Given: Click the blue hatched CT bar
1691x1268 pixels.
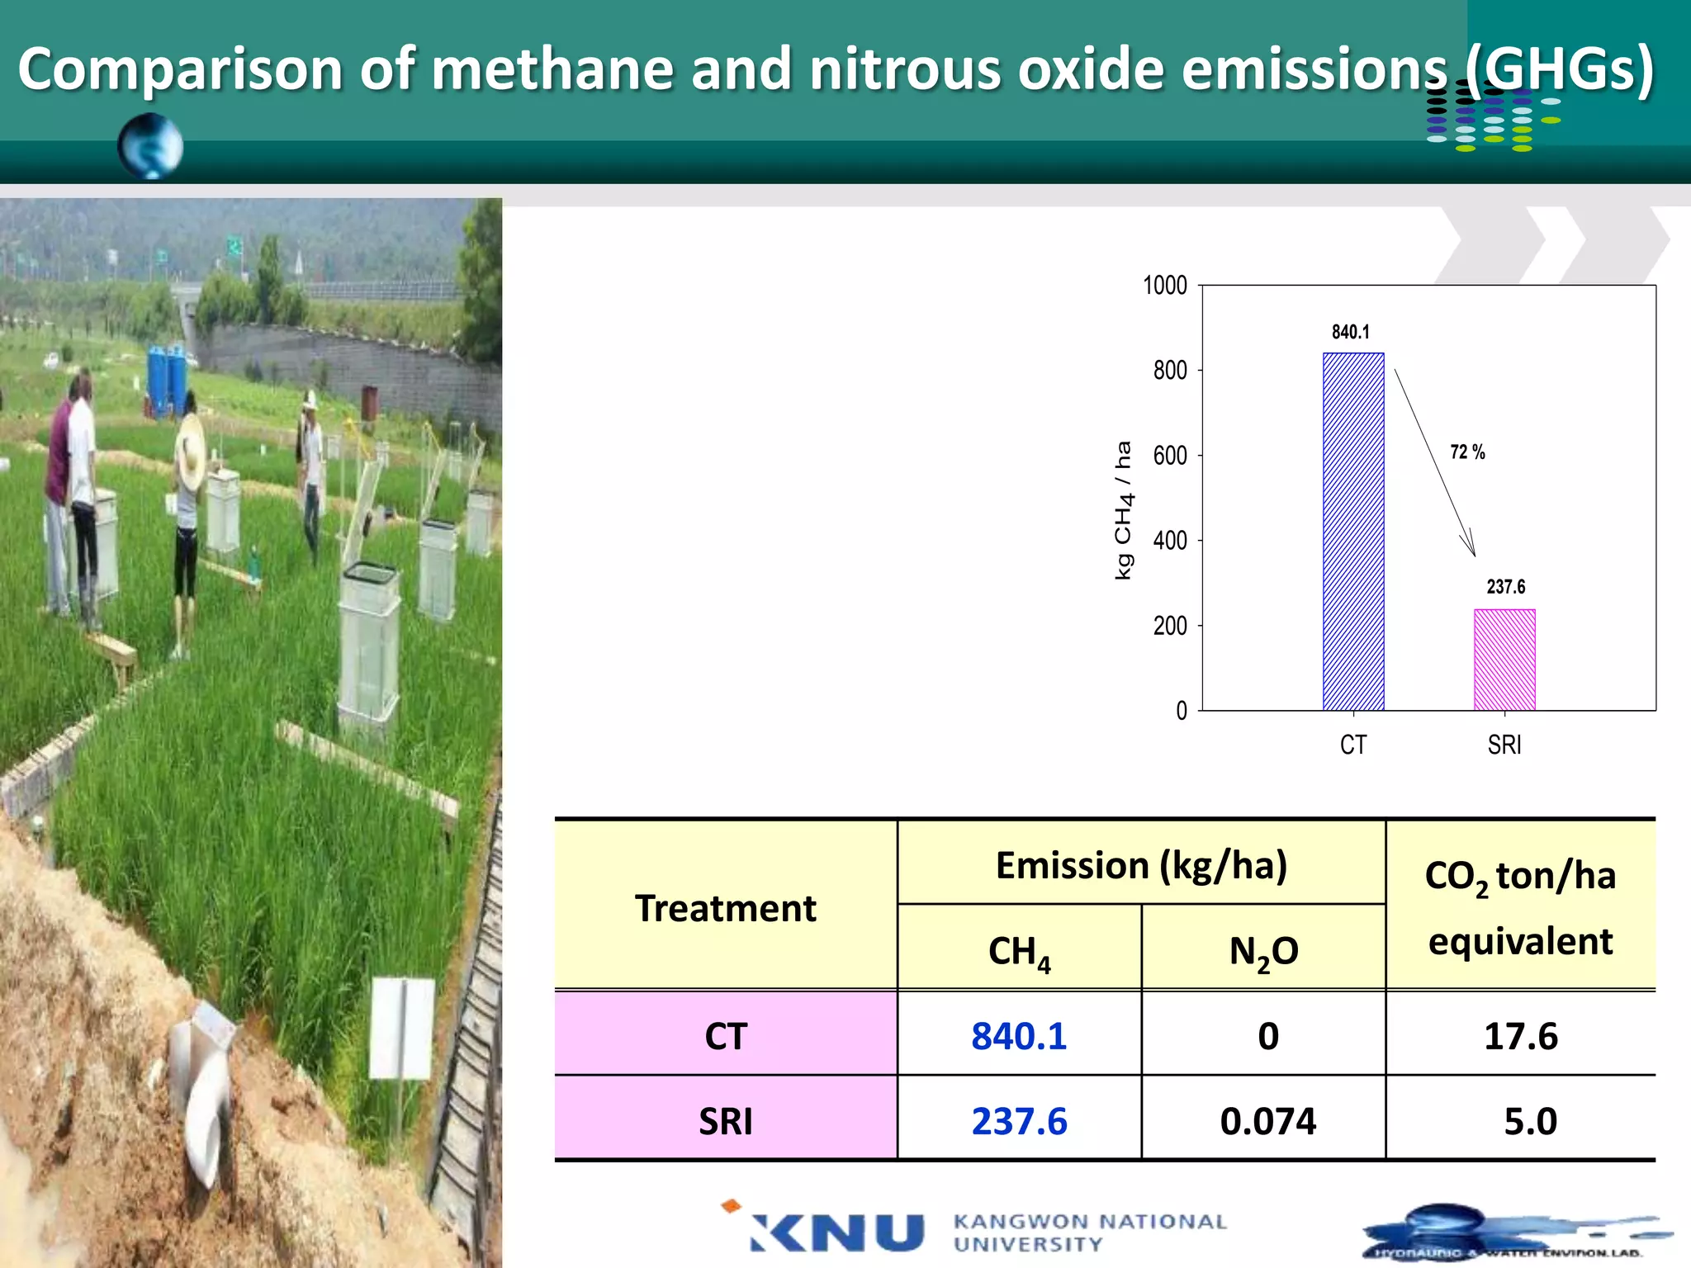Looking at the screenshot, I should tap(1353, 532).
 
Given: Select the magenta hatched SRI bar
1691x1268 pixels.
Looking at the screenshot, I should tap(1504, 660).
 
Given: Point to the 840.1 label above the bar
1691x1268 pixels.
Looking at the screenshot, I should tap(1351, 332).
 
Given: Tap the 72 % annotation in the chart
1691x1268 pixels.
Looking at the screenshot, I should tap(1467, 452).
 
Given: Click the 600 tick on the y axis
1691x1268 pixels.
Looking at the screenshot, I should tap(1170, 456).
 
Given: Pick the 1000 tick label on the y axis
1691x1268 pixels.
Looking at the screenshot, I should tap(1164, 286).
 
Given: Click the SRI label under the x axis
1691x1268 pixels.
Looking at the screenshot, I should tap(1504, 745).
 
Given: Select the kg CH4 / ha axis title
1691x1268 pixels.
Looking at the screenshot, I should tap(1124, 510).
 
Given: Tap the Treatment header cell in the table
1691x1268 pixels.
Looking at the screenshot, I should tap(725, 908).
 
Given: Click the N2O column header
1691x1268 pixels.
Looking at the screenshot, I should tap(1263, 951).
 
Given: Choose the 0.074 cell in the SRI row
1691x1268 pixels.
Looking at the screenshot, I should tap(1267, 1121).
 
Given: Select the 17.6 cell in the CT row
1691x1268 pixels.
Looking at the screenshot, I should tap(1520, 1036).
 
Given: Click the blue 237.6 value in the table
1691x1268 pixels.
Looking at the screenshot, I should tap(1019, 1121).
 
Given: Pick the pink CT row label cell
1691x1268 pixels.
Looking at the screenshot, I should tap(725, 1036).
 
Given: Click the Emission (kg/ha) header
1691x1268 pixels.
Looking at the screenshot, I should tap(1141, 865).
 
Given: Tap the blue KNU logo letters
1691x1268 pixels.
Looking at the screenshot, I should tap(837, 1233).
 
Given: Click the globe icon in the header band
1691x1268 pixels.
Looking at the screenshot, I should tap(150, 146).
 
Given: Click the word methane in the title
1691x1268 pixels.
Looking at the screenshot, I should tap(552, 69).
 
